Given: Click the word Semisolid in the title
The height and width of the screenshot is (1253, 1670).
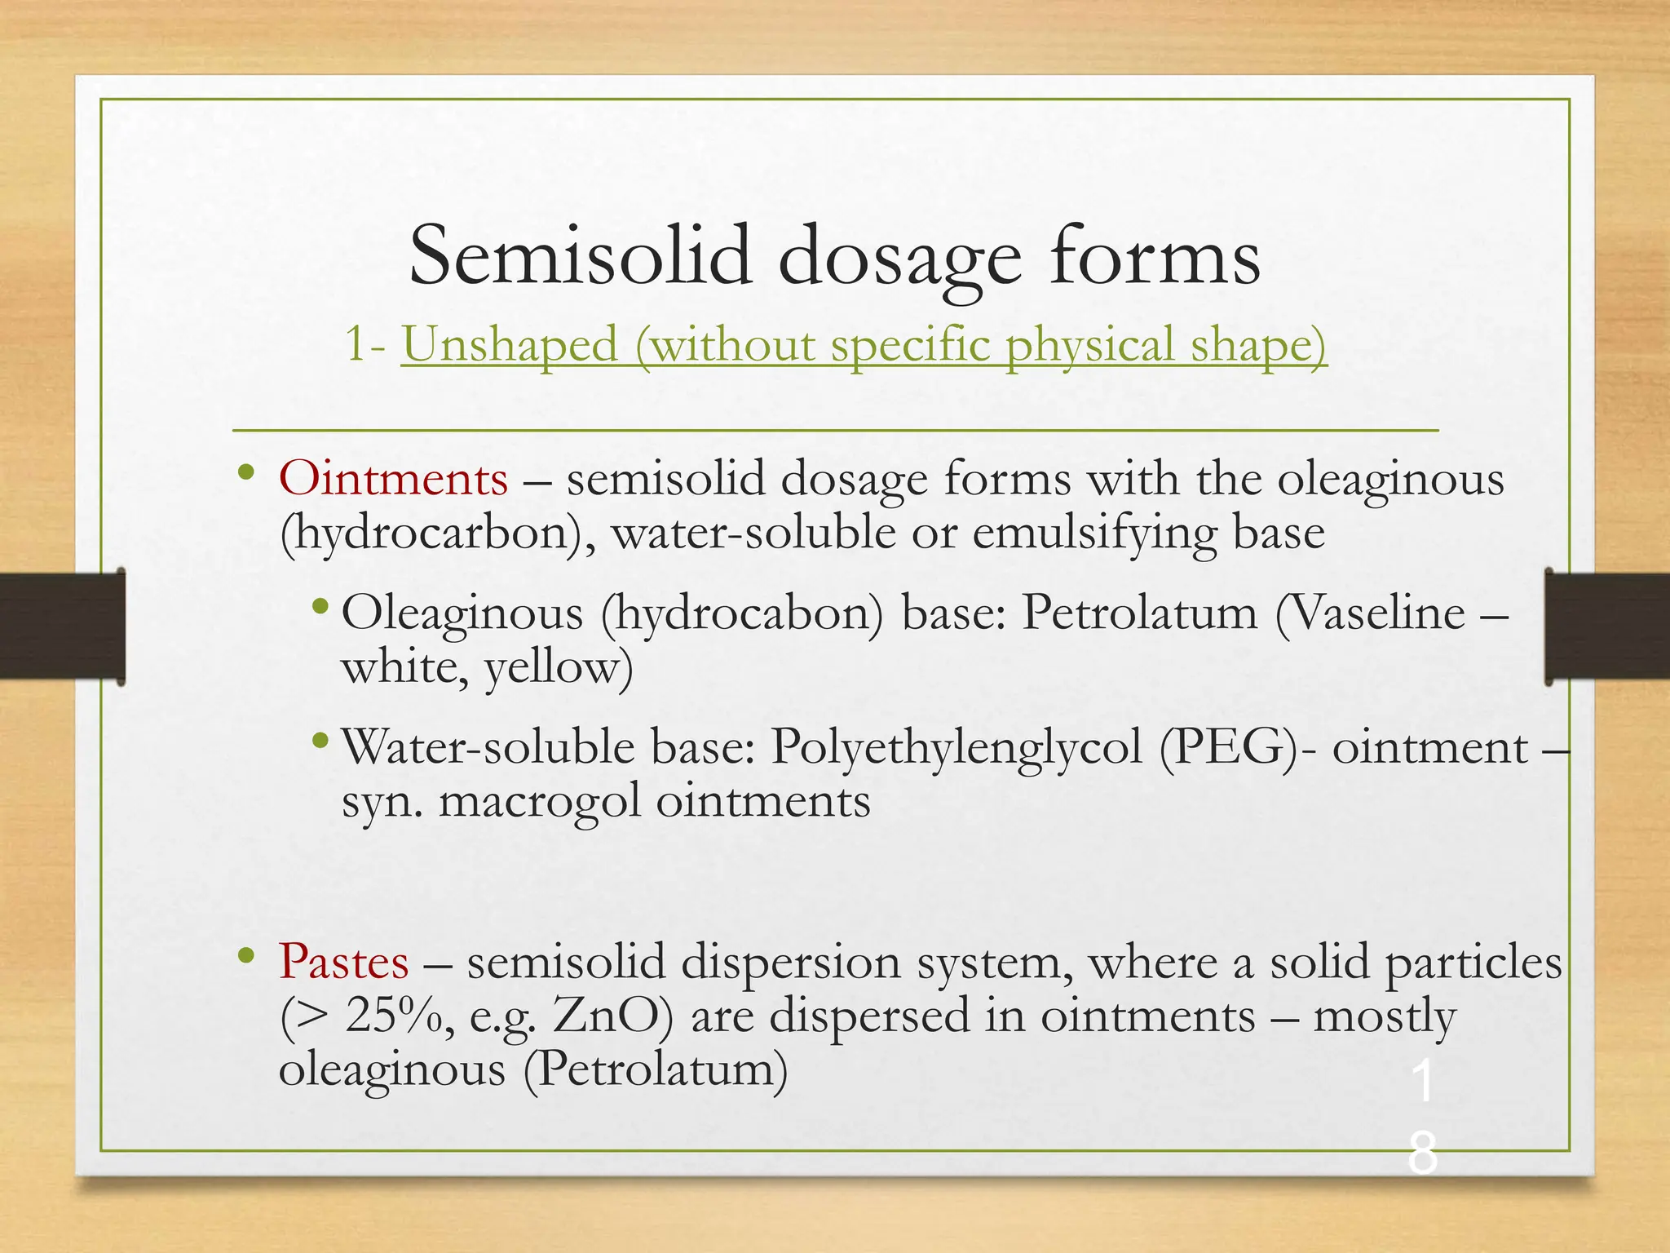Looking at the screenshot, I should click(x=580, y=256).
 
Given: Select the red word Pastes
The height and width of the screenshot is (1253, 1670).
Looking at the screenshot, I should click(x=343, y=962).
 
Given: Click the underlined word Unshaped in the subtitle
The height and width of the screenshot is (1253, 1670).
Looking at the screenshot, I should click(x=510, y=343).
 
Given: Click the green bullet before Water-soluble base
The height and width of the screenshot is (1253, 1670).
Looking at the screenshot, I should click(x=320, y=742).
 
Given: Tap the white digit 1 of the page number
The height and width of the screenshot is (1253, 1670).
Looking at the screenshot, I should click(x=1422, y=1083).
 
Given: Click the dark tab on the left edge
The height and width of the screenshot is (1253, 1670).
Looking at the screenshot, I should click(x=62, y=626).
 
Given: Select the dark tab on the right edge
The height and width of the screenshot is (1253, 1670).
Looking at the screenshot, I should click(x=1606, y=626).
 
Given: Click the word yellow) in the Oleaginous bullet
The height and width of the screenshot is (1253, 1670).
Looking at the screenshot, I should click(x=559, y=667).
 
